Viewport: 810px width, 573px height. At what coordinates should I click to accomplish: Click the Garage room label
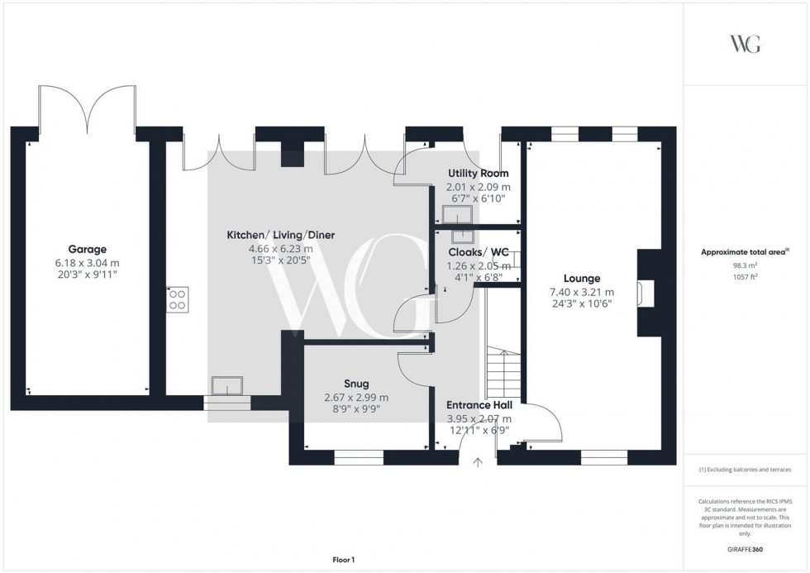point(88,249)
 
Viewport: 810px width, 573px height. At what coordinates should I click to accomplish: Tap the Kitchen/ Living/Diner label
point(281,235)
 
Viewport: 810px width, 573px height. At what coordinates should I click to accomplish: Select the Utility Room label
point(478,174)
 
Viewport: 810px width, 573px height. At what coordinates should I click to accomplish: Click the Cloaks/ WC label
point(478,252)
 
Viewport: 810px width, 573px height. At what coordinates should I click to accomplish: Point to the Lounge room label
point(582,279)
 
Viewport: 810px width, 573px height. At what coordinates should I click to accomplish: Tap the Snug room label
point(356,384)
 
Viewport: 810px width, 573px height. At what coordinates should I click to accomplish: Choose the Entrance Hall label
point(479,405)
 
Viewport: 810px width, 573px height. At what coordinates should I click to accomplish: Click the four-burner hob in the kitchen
point(177,298)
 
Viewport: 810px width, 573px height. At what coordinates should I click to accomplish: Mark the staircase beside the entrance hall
point(502,372)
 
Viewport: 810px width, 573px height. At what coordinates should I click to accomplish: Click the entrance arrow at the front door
point(478,464)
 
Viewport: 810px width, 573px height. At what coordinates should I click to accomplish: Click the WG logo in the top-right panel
point(745,44)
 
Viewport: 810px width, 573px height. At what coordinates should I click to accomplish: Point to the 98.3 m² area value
point(745,265)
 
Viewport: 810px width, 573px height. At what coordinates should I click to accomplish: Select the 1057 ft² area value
point(745,277)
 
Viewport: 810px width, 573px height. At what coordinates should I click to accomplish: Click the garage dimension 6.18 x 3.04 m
point(88,262)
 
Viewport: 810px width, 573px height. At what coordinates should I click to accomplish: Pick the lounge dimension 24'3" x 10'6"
point(582,304)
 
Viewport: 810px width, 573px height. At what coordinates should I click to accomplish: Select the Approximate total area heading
point(745,252)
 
